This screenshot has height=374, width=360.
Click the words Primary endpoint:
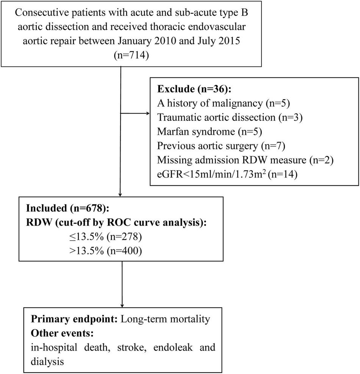(74, 319)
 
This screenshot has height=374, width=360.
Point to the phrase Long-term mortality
(165, 319)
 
